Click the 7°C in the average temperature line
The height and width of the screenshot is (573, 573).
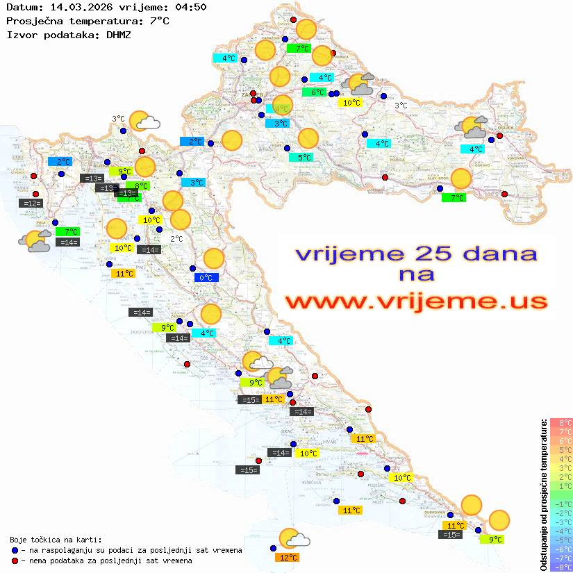coord(158,21)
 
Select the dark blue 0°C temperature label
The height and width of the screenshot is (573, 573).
coord(206,278)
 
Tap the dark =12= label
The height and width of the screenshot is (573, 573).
coord(32,204)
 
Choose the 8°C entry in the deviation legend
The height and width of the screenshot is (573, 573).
coord(561,422)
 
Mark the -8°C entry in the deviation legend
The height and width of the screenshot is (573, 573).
coord(561,567)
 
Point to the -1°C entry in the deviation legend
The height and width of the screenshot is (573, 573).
coord(561,504)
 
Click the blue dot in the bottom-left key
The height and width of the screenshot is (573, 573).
coord(15,550)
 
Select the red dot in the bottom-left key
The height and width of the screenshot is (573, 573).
coord(15,560)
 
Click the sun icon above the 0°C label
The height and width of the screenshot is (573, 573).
coord(214,259)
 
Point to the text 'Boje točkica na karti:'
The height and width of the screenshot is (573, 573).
coord(56,539)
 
